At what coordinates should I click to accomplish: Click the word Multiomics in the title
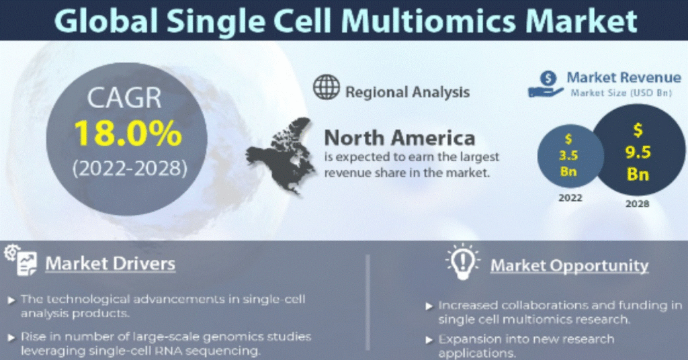tap(428, 21)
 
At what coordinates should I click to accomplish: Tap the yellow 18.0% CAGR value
tap(128, 133)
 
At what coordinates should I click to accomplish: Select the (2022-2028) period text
tap(130, 169)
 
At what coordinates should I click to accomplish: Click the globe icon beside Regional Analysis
tap(326, 87)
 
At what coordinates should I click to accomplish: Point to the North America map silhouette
tap(281, 156)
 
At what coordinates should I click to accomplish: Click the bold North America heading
tap(399, 138)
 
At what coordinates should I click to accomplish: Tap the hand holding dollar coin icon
tap(546, 84)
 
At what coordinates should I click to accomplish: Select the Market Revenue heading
tap(623, 78)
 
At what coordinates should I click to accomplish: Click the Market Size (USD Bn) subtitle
tap(621, 93)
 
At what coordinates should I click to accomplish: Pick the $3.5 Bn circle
tap(570, 156)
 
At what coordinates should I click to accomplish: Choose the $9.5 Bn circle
tap(638, 150)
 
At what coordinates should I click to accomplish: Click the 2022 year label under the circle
tap(570, 197)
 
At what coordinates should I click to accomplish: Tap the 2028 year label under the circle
tap(637, 204)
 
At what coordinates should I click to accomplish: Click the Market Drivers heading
tap(110, 263)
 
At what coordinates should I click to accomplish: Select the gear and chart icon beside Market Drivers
tap(21, 260)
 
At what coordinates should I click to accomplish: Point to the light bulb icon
tap(462, 262)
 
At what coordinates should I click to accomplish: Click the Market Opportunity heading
tap(569, 265)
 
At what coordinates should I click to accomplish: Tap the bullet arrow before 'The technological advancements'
tap(11, 300)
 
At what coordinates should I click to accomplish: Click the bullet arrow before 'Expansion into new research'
tap(429, 340)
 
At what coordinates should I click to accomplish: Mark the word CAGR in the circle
tap(124, 98)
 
